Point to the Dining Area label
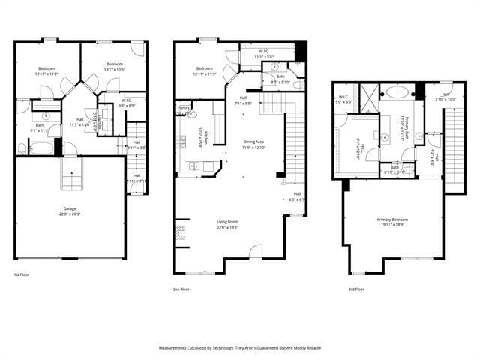click(x=254, y=145)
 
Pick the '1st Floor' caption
click(x=22, y=275)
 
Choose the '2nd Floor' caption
click(x=181, y=289)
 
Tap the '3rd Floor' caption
click(x=356, y=289)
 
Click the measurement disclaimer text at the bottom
click(x=239, y=348)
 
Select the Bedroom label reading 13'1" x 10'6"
click(x=114, y=66)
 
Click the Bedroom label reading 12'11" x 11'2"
click(x=46, y=71)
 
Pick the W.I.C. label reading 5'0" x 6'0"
click(x=344, y=99)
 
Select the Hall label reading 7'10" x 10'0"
click(x=445, y=97)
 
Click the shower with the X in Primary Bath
click(x=367, y=97)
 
